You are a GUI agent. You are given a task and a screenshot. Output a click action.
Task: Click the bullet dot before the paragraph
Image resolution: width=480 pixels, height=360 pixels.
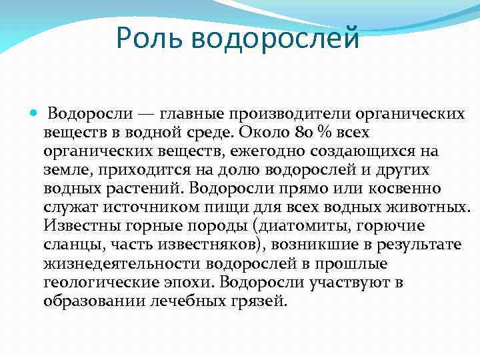[34, 114]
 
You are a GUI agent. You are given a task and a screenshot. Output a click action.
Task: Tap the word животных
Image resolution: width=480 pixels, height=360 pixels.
[424, 207]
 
